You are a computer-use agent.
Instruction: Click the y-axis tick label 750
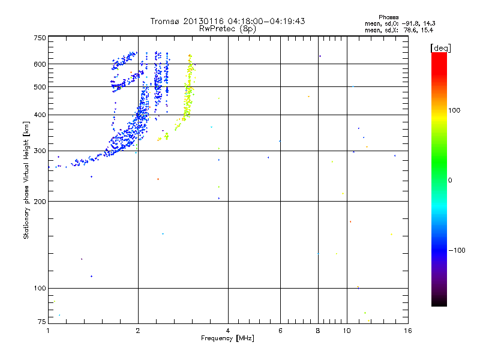point(40,38)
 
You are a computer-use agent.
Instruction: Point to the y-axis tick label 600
point(40,64)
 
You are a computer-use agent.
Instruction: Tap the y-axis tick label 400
point(40,115)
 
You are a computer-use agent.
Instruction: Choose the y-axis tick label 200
point(40,201)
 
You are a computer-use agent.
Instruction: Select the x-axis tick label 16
point(407,331)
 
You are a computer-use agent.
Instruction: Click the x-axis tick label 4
point(228,331)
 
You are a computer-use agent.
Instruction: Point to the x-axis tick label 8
point(317,331)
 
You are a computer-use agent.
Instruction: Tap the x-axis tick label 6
point(280,331)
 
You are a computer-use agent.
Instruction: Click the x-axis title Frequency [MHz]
point(227,338)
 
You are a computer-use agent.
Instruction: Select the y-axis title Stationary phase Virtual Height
point(26,181)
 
